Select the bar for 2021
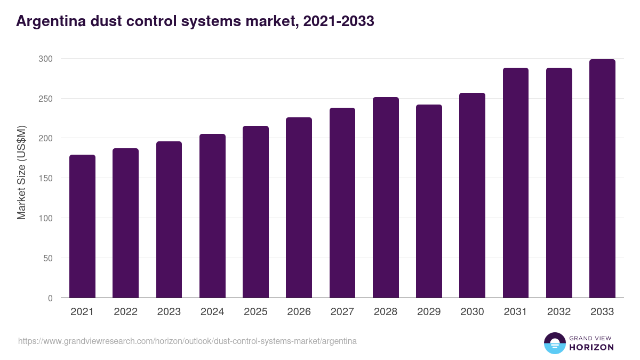(82, 226)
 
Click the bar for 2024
(212, 216)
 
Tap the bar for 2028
(386, 197)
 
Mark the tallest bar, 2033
(602, 179)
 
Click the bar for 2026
(299, 207)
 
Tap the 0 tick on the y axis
(50, 298)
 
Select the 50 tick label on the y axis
(48, 258)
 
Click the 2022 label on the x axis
(125, 312)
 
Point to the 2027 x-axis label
(342, 312)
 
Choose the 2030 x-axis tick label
(472, 312)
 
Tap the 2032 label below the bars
(559, 312)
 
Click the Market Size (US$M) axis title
(21, 172)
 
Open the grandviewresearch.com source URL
(187, 341)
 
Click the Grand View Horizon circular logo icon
(554, 343)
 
